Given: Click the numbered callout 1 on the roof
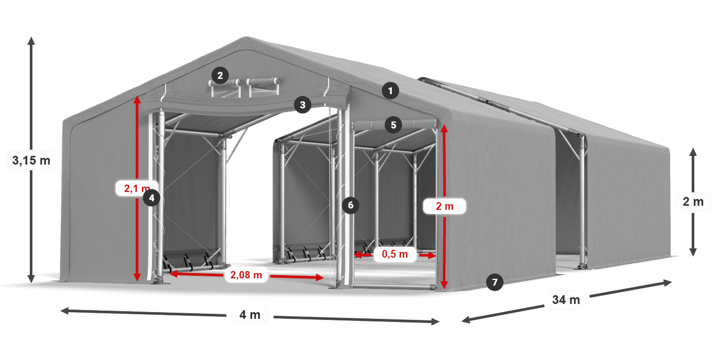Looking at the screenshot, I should (390, 92).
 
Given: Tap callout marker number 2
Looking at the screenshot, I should (220, 76).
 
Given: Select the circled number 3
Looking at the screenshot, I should (302, 105).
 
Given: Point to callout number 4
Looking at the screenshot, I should (151, 197).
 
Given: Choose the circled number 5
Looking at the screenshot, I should (393, 124).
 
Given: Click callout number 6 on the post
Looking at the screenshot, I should (351, 205).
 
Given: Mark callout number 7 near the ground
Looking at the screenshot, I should (495, 282).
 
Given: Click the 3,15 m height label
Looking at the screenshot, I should (31, 160).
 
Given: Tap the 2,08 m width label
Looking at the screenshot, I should (246, 275).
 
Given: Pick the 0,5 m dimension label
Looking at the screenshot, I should (394, 254).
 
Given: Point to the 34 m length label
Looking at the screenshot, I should (566, 299).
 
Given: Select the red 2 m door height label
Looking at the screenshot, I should (445, 206).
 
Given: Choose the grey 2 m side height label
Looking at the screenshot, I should (693, 202).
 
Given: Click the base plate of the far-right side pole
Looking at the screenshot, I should (583, 266).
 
